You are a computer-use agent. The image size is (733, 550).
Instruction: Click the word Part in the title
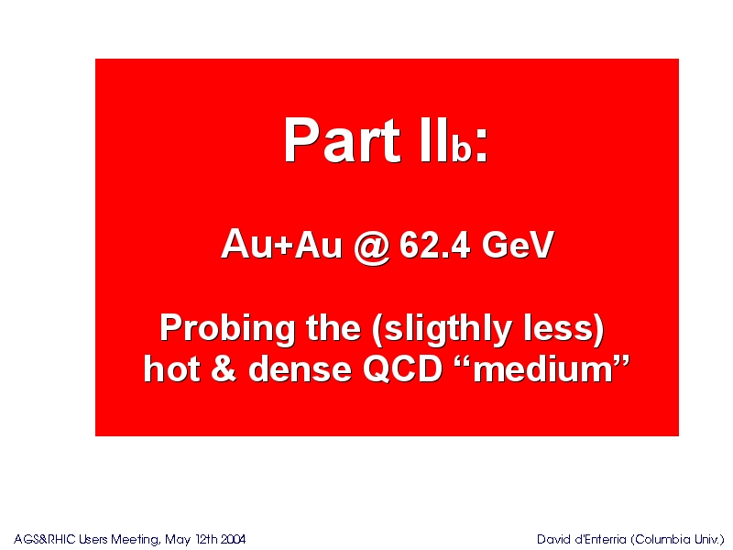pyautogui.click(x=342, y=140)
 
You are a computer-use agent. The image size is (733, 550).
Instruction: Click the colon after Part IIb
pyautogui.click(x=481, y=145)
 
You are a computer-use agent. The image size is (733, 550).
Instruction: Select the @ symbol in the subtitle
pyautogui.click(x=372, y=247)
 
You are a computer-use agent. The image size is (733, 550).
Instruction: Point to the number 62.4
pyautogui.click(x=434, y=245)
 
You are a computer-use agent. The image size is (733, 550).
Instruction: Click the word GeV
pyautogui.click(x=518, y=245)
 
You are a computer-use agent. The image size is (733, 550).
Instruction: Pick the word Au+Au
pyautogui.click(x=282, y=244)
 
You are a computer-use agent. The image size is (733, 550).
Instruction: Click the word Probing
pyautogui.click(x=227, y=329)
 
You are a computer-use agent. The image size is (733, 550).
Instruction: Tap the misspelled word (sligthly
pyautogui.click(x=443, y=329)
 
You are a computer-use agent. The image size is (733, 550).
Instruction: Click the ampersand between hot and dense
pyautogui.click(x=224, y=368)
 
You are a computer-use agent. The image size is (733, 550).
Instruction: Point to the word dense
pyautogui.click(x=300, y=368)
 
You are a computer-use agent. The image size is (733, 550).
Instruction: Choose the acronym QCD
pyautogui.click(x=402, y=368)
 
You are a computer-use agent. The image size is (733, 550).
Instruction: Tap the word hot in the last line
pyautogui.click(x=171, y=368)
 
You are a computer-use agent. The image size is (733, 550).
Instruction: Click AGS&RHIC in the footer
pyautogui.click(x=44, y=539)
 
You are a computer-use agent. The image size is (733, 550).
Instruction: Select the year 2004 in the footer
pyautogui.click(x=233, y=539)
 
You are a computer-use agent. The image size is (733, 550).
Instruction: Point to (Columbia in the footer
pyautogui.click(x=661, y=540)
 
